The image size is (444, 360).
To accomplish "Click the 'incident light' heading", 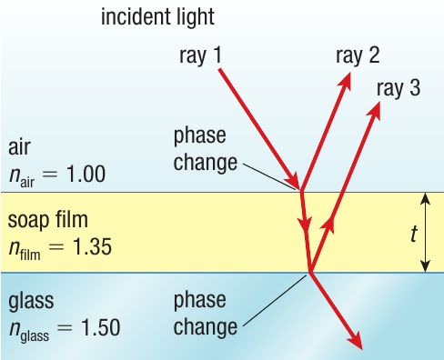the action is click(x=157, y=17).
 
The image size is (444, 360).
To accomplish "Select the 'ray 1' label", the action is click(x=201, y=56).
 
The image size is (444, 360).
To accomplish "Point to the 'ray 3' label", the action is click(x=398, y=88).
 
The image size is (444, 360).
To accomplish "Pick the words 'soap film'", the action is click(x=47, y=220).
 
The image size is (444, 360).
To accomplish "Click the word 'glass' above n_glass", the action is click(x=31, y=300).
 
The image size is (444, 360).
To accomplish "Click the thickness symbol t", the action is click(x=414, y=235).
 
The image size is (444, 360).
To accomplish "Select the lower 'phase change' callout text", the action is click(x=205, y=312).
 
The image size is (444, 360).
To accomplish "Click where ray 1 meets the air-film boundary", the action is click(x=301, y=190).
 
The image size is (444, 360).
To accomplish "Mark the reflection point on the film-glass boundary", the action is click(x=310, y=272).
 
